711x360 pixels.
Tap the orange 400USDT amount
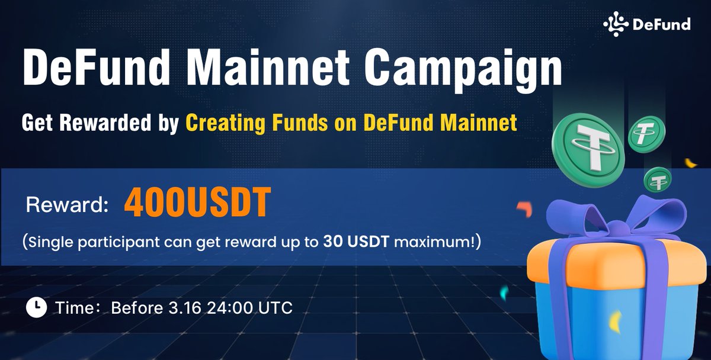[x=196, y=204]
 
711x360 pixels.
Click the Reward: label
[x=67, y=205]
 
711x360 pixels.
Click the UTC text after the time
[x=274, y=308]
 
